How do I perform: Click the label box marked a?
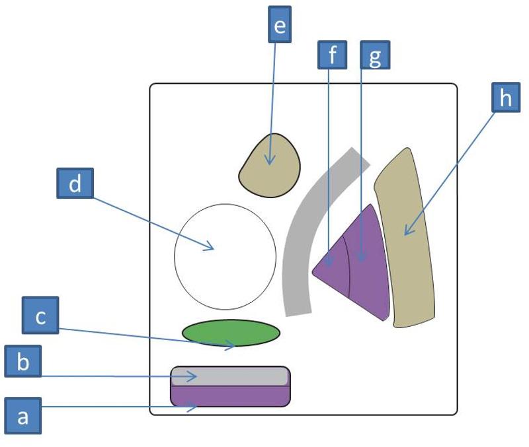click(23, 417)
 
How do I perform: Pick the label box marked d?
click(75, 184)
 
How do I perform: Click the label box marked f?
click(332, 55)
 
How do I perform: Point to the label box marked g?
click(375, 55)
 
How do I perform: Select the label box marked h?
click(506, 98)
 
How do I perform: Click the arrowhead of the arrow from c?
click(233, 344)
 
